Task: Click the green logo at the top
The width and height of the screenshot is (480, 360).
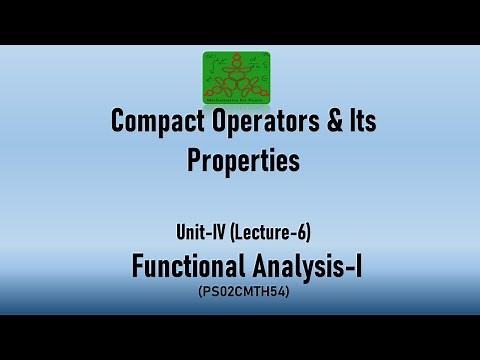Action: (240, 77)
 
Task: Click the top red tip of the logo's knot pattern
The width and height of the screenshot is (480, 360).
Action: (240, 56)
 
